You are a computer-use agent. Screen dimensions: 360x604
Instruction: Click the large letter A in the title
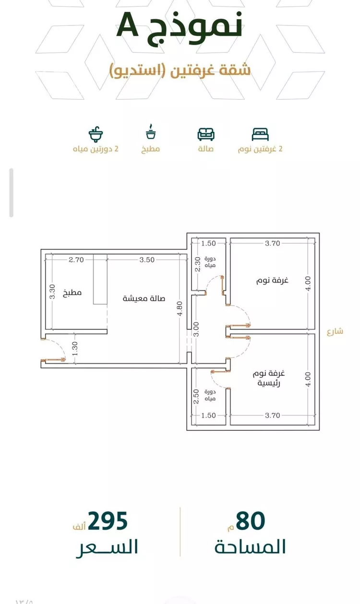tap(127, 25)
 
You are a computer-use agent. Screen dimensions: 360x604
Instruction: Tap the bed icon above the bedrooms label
tap(260, 134)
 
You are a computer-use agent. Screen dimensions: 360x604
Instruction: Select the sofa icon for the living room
tap(206, 134)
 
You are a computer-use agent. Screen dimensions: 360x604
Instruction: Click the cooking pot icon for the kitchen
tap(151, 131)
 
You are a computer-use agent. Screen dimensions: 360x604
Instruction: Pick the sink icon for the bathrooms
tap(96, 134)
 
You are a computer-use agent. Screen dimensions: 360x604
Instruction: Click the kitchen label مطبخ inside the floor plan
tap(72, 293)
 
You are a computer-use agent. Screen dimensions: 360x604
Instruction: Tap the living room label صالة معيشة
tap(144, 298)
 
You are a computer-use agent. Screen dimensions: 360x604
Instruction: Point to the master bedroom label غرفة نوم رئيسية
tap(269, 378)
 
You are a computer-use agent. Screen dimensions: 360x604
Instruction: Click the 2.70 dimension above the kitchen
tap(76, 260)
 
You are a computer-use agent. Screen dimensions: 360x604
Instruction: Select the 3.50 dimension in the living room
tap(147, 260)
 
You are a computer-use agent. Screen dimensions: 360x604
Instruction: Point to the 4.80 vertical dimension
tap(180, 308)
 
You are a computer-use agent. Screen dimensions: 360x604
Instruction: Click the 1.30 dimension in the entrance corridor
tap(75, 348)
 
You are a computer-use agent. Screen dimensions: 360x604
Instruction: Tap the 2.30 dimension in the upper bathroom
tap(198, 264)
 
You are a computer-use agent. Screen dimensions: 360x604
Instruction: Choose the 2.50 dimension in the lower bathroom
tap(196, 396)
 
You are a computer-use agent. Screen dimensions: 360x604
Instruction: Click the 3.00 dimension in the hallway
tap(197, 329)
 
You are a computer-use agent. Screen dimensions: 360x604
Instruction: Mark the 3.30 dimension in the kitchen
tap(52, 292)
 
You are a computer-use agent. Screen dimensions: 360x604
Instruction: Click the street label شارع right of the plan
tap(335, 331)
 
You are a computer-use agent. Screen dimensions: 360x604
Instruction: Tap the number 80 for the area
tap(250, 521)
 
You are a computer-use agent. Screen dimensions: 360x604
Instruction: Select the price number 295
tap(108, 521)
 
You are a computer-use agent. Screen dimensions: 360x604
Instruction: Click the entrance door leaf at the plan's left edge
tap(53, 359)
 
